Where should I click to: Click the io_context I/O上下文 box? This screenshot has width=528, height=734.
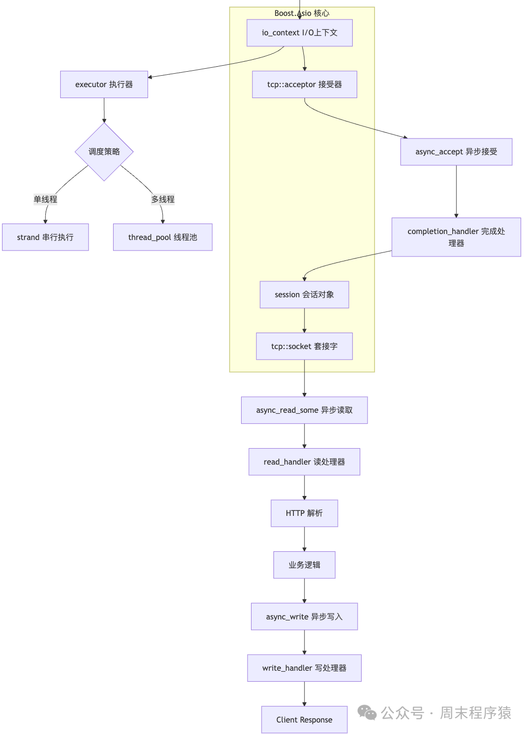pos(299,33)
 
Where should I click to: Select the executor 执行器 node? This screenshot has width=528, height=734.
pos(104,85)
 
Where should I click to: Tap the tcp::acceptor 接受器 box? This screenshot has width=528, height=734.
pos(304,85)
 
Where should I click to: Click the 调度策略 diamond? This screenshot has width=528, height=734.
pos(104,152)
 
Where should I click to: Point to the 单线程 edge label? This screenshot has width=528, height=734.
pos(45,199)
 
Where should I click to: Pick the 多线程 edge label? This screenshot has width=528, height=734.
pos(163,199)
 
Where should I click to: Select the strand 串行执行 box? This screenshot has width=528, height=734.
pos(45,237)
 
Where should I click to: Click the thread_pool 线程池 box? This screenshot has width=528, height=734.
pos(163,237)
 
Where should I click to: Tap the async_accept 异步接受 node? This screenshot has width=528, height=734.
pos(456,152)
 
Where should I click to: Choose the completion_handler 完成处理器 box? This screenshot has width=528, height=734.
pos(456,237)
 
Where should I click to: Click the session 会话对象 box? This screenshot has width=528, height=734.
pos(304,295)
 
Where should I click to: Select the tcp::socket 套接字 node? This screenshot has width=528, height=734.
pos(304,346)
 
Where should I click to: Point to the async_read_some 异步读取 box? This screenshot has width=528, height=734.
pos(304,410)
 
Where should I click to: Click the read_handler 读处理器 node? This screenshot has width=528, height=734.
pos(304,462)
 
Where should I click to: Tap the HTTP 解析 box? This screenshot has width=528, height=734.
pos(304,513)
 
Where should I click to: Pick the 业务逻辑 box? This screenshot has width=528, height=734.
pos(304,565)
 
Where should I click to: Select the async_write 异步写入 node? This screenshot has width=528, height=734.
pos(304,616)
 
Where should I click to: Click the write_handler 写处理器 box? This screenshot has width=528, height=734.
pos(304,668)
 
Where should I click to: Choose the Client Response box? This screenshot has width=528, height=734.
pos(304,720)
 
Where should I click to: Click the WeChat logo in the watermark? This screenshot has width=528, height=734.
pos(367,713)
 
